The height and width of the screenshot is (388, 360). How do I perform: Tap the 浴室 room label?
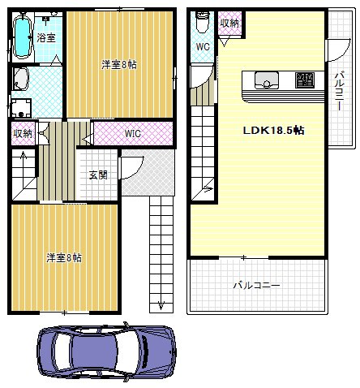tap(46, 37)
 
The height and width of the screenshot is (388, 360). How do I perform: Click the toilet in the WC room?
tap(202, 23)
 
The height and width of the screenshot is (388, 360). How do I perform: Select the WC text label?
tap(203, 46)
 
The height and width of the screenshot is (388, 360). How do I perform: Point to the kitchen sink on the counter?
tap(267, 80)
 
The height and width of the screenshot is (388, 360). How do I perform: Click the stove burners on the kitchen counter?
tap(305, 80)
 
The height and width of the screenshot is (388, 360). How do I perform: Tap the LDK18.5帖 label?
tap(273, 131)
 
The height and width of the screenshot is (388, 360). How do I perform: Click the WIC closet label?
tap(133, 133)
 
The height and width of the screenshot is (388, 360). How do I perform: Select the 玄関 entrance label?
tap(98, 175)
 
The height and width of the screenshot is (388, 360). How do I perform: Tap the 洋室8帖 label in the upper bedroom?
tap(119, 65)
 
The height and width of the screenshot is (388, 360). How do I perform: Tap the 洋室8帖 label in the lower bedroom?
tap(64, 257)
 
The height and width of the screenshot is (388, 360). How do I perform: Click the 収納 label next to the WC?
tap(229, 24)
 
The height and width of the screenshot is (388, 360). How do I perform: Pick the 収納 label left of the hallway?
tap(24, 133)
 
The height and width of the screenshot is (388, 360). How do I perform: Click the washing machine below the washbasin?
tap(21, 108)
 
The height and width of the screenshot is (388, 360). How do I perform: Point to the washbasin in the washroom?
tap(20, 79)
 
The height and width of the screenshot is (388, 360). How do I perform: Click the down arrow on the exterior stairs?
tap(161, 305)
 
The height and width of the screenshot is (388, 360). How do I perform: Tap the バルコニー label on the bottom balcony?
tap(256, 285)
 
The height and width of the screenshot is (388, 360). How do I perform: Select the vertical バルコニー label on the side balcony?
tap(340, 90)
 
